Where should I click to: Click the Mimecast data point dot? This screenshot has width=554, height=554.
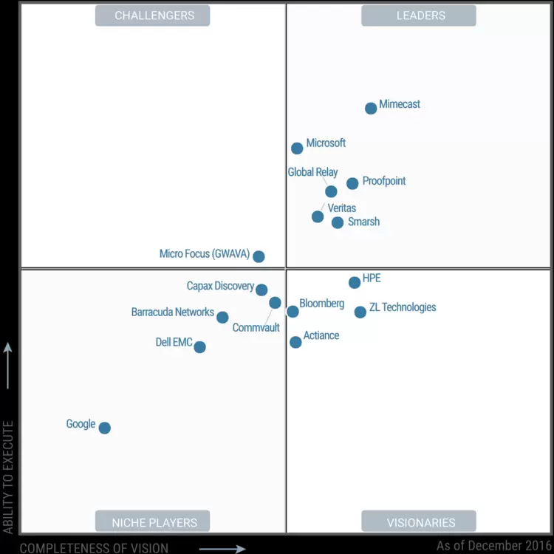(371, 108)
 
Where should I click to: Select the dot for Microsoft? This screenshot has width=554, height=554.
(297, 148)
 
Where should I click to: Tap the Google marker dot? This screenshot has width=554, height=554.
(105, 428)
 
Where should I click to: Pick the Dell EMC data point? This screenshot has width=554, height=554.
(199, 346)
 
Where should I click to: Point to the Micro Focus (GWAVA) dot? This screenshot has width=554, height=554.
(259, 256)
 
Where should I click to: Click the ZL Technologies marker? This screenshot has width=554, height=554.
(360, 312)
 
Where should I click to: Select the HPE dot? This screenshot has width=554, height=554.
(355, 282)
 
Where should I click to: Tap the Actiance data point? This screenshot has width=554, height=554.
(295, 342)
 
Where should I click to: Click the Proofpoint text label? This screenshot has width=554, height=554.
(383, 181)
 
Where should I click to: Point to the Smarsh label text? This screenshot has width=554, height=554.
(363, 222)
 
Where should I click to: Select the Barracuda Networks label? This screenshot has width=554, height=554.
(173, 312)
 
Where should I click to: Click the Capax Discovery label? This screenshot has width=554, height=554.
(220, 286)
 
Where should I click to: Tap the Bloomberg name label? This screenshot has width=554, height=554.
(321, 304)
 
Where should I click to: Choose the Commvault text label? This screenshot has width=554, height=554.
(256, 327)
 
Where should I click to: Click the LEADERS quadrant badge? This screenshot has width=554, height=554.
(418, 16)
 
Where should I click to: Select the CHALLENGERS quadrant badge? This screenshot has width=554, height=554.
(153, 16)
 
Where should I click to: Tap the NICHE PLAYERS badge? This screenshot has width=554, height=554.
(153, 521)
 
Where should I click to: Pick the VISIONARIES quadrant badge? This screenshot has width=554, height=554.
(419, 521)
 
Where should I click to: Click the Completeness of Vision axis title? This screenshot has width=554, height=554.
(94, 548)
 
